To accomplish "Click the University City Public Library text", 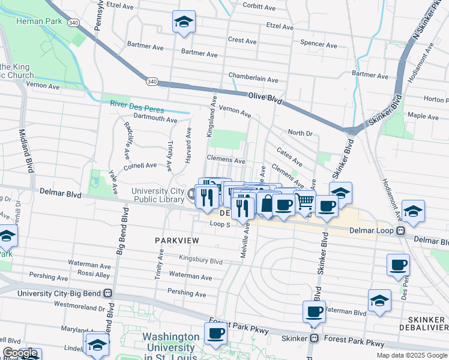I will (x=157, y=196).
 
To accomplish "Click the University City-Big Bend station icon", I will (x=107, y=293).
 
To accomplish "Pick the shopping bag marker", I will (x=266, y=204).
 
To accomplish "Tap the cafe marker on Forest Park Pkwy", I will (x=215, y=334).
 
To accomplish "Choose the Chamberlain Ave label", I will (x=253, y=79).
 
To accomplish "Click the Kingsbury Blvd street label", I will (x=200, y=262).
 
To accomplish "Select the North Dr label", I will (x=300, y=133).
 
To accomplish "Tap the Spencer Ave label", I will (x=318, y=44).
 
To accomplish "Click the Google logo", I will (x=20, y=353).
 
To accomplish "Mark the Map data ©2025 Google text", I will (x=412, y=355).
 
